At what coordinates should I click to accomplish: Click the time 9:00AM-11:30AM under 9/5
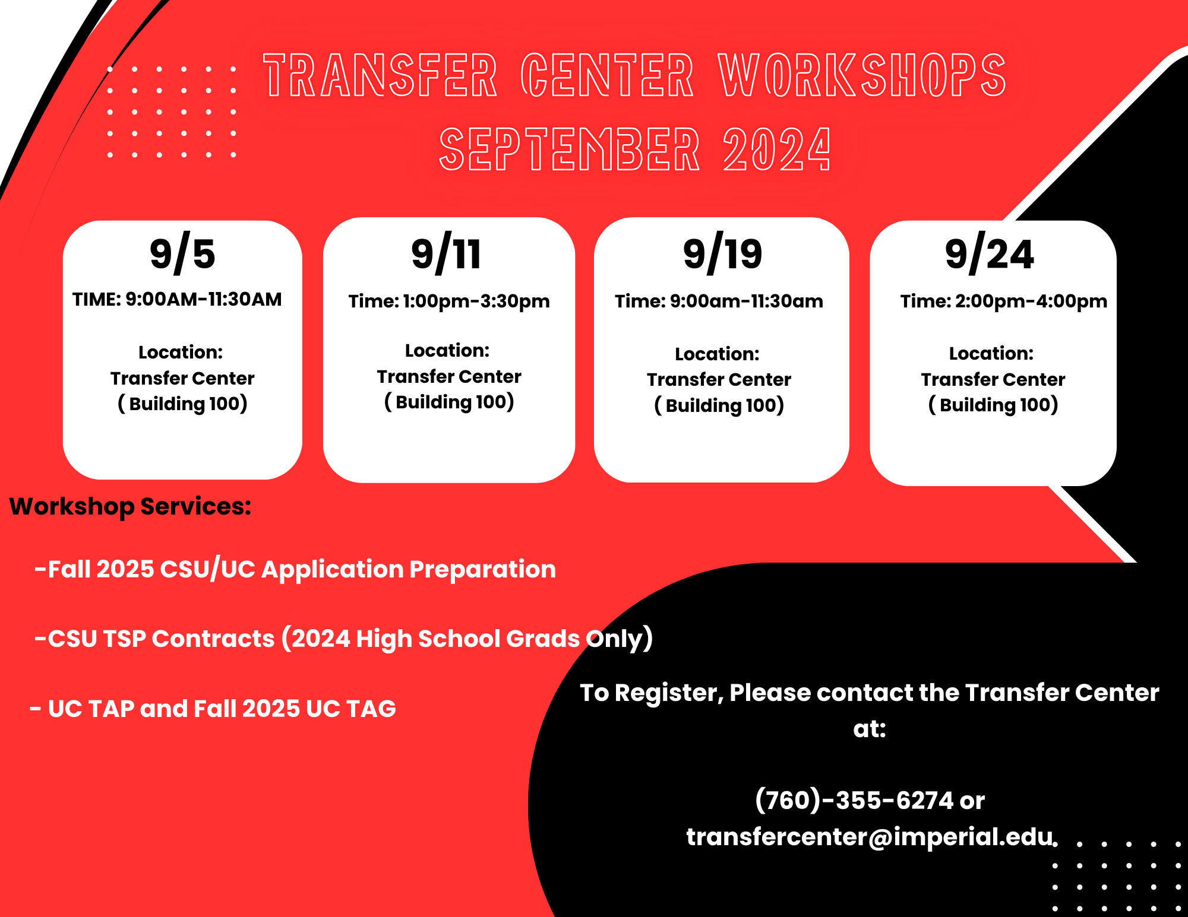pyautogui.click(x=203, y=299)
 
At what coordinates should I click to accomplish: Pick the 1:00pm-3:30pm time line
pyautogui.click(x=476, y=301)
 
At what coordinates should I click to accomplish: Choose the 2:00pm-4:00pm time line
pyautogui.click(x=1031, y=301)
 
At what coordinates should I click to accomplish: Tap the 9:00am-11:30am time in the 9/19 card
pyautogui.click(x=747, y=301)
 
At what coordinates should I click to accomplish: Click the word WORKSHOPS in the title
pyautogui.click(x=862, y=75)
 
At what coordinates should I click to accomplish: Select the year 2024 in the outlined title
pyautogui.click(x=777, y=150)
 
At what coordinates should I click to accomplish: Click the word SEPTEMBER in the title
pyautogui.click(x=570, y=150)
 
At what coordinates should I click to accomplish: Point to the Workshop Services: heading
pyautogui.click(x=131, y=507)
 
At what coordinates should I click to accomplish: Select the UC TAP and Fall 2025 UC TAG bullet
pyautogui.click(x=213, y=709)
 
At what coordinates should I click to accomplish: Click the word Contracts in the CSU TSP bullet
pyautogui.click(x=213, y=639)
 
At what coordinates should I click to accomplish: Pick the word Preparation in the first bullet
pyautogui.click(x=482, y=570)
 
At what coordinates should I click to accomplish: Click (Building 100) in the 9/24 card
pyautogui.click(x=993, y=405)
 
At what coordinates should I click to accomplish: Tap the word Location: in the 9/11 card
pyautogui.click(x=447, y=351)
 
